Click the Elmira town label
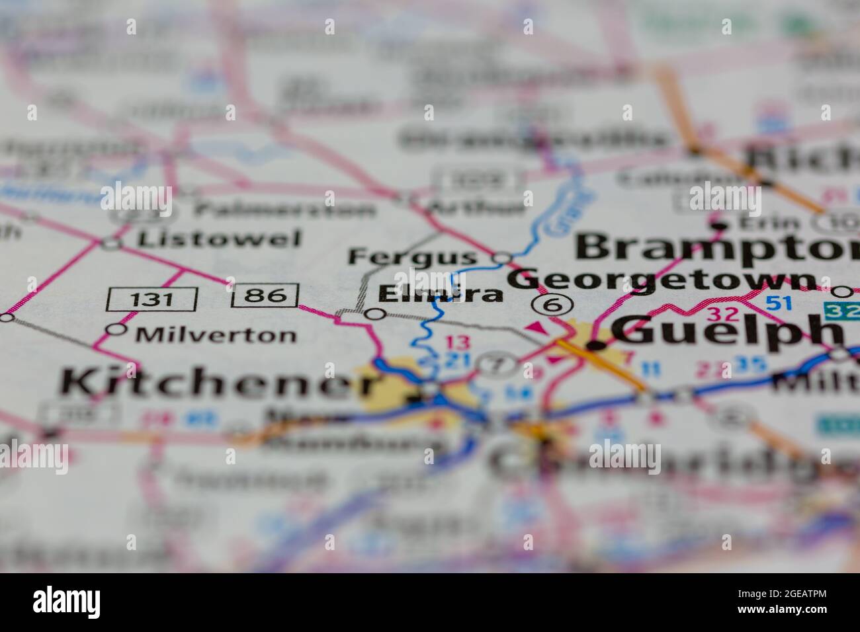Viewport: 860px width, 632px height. (x=441, y=294)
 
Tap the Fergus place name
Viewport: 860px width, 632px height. (x=413, y=257)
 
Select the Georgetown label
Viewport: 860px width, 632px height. (x=662, y=280)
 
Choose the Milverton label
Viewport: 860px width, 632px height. (x=216, y=335)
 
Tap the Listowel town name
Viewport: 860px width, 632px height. (x=219, y=239)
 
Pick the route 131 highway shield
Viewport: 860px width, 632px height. (x=151, y=298)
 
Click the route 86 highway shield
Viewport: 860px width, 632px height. (x=265, y=296)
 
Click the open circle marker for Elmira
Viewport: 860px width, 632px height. (x=376, y=314)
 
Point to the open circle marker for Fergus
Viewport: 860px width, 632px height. (x=503, y=257)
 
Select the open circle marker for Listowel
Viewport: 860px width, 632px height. (x=112, y=243)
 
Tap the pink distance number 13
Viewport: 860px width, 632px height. (x=456, y=342)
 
